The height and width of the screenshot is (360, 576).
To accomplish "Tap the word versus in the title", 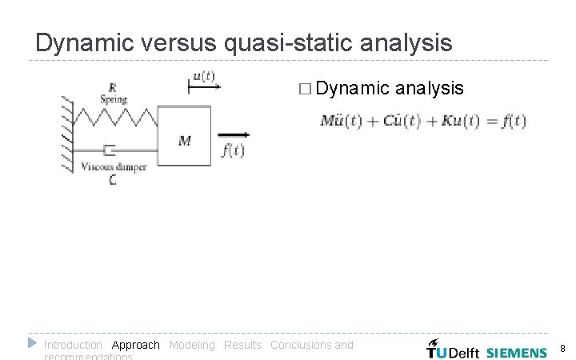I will tap(174, 42).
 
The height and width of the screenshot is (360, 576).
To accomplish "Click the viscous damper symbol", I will tap(112, 150).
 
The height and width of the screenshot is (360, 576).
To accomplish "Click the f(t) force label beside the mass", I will tap(232, 150).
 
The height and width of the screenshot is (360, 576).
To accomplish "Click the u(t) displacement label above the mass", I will tap(203, 77).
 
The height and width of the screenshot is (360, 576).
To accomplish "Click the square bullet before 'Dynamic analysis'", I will tap(302, 89).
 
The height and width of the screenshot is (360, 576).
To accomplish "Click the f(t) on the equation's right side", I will tap(509, 122).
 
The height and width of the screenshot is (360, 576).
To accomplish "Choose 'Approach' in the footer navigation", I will tap(135, 345).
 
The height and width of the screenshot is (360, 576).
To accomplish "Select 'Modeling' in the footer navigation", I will tap(192, 345).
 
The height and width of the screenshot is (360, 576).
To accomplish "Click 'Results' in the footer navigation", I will tap(242, 345).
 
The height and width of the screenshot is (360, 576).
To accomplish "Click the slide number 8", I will tap(562, 349).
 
